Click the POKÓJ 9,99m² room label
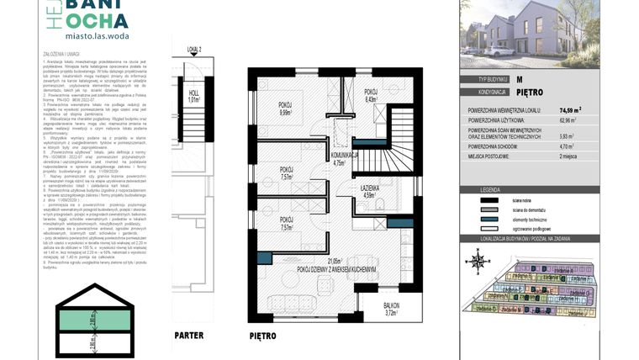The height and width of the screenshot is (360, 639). tap(285, 109)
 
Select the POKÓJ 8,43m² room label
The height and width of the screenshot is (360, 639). tap(371, 95)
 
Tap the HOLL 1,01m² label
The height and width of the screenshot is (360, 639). tap(193, 95)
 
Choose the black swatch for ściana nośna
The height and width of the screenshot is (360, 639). tap(533, 200)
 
